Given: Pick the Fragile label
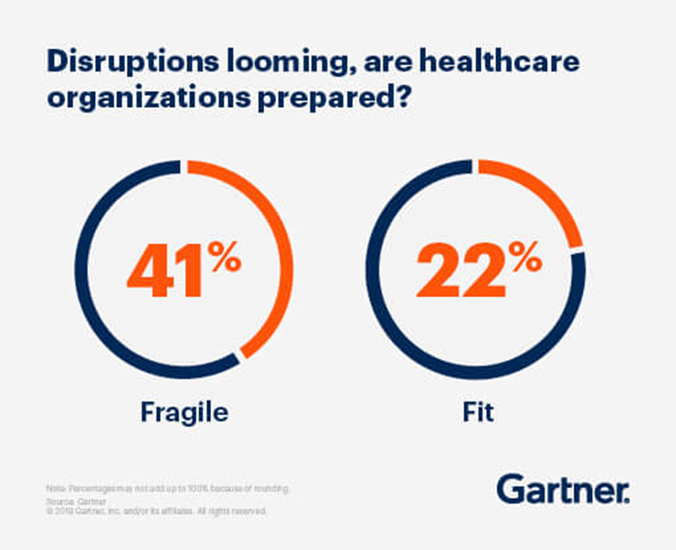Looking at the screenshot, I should click(x=184, y=413).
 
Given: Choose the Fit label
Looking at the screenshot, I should click(x=478, y=413).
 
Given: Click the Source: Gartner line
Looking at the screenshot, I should click(x=68, y=502).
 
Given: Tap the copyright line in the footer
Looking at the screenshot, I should click(x=157, y=512).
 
